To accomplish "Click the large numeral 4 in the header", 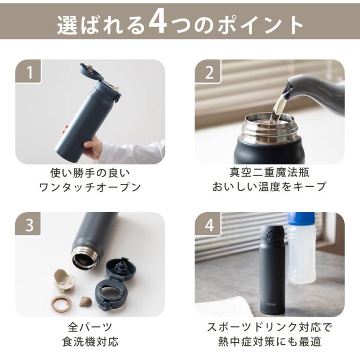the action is pyautogui.click(x=158, y=24).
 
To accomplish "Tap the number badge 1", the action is pyautogui.click(x=28, y=71).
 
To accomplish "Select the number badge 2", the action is pyautogui.click(x=208, y=71).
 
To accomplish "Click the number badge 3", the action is pyautogui.click(x=28, y=224).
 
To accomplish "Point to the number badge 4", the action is pyautogui.click(x=208, y=224).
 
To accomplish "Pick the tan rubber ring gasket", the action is pyautogui.click(x=61, y=304).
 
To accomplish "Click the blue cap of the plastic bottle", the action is pyautogui.click(x=301, y=219).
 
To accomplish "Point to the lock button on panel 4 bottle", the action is pyautogui.click(x=272, y=236).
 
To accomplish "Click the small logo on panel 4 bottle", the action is pyautogui.click(x=271, y=304).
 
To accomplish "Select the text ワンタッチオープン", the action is pyautogui.click(x=90, y=187).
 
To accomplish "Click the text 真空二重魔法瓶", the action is pyautogui.click(x=270, y=172).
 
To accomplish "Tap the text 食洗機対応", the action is pyautogui.click(x=90, y=342).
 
